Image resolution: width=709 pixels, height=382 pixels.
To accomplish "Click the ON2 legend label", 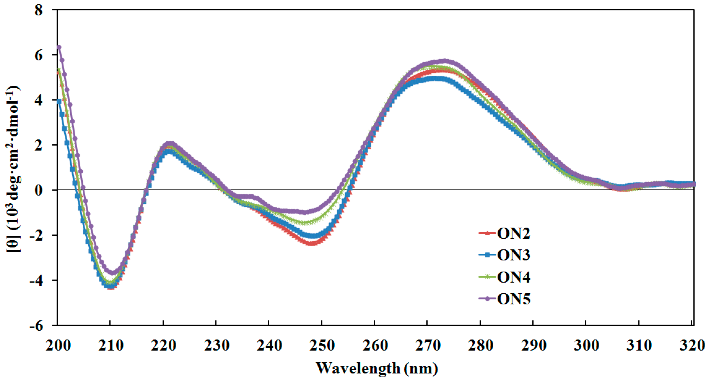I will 513,233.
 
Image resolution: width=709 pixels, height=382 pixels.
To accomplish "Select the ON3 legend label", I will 513,255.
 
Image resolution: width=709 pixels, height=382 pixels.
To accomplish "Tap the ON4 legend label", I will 513,277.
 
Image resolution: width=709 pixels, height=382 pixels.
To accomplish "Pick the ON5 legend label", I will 513,299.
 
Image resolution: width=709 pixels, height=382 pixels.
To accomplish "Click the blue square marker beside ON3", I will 487,255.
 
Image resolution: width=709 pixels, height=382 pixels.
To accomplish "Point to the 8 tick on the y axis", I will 39,10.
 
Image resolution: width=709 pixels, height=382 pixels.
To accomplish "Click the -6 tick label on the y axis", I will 37,326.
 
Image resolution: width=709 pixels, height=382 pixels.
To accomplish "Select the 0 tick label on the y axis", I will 39,190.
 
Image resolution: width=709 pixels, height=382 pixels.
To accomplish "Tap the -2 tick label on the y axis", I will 37,235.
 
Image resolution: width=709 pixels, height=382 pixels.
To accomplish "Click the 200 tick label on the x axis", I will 58,345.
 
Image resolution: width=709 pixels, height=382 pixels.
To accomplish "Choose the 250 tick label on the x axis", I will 322,345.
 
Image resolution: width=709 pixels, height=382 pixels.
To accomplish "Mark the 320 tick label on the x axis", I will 692,345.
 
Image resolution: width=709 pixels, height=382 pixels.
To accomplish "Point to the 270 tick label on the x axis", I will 428,345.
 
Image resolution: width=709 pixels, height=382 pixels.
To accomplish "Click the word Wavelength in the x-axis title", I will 358,368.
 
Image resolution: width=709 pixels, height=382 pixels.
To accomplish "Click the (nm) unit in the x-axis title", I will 421,368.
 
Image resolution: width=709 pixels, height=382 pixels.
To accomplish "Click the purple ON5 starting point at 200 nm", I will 59,47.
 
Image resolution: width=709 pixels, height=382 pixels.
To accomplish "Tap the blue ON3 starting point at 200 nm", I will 59,102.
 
